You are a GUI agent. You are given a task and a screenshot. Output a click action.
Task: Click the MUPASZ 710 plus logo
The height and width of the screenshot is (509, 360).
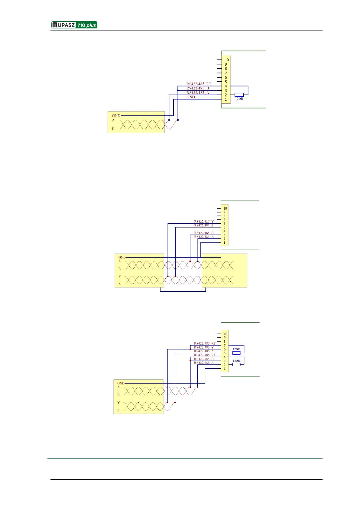(74, 25)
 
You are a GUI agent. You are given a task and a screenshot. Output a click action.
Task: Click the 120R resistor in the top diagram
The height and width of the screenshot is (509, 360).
(239, 95)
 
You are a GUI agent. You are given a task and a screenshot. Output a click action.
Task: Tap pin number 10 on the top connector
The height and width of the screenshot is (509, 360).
(227, 60)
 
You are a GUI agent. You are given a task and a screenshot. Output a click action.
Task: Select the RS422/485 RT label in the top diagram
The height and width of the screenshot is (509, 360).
(199, 84)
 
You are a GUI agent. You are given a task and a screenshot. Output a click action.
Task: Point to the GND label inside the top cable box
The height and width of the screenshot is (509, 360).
(116, 115)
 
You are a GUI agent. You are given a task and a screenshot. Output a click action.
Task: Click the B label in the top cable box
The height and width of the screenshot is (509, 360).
(113, 129)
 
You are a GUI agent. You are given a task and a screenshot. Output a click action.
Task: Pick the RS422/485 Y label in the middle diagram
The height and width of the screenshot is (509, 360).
(204, 222)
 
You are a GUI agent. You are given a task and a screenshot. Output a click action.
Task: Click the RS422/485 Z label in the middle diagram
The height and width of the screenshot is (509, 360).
(204, 225)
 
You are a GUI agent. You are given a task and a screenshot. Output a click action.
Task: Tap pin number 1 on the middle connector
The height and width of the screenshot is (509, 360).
(224, 242)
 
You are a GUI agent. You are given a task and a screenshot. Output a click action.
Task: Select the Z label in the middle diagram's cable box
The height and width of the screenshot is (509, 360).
(120, 284)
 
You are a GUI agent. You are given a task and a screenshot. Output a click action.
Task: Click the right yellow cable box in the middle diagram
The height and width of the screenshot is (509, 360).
(225, 271)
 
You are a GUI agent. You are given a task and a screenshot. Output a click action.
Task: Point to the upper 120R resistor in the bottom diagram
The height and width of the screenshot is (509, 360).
(236, 353)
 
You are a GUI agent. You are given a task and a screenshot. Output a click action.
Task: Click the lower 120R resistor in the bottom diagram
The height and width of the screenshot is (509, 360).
(236, 365)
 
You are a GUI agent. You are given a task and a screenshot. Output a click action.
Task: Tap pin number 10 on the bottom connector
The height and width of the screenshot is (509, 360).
(225, 334)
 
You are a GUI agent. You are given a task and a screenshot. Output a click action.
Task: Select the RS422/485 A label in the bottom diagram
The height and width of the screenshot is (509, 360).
(204, 363)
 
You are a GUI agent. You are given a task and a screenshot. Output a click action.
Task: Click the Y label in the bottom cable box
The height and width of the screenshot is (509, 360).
(118, 403)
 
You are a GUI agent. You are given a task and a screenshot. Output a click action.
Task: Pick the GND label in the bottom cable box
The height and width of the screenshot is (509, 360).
(121, 383)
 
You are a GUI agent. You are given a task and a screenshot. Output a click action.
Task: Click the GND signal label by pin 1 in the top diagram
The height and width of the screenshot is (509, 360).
(191, 97)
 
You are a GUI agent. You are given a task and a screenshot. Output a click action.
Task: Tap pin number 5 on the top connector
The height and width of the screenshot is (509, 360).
(226, 82)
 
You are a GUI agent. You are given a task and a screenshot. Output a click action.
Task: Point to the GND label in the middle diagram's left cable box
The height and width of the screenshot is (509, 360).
(122, 258)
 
